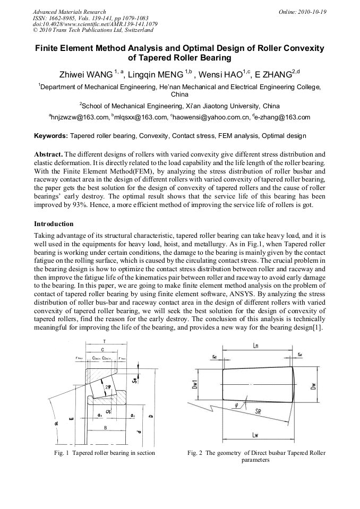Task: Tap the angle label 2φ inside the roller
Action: [x=109, y=387]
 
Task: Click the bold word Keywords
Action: [x=50, y=136]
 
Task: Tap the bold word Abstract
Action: [x=48, y=153]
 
